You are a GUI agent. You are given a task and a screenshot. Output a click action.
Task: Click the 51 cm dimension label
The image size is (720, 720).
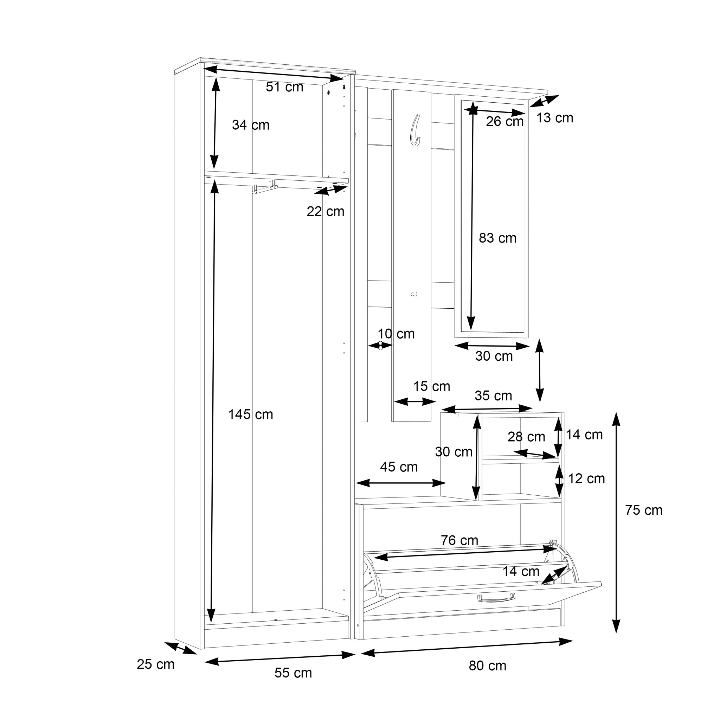pos(284,87)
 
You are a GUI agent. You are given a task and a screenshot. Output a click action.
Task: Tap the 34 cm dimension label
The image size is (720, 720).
pos(250,125)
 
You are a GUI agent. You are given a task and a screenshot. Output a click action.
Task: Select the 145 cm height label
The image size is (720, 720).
pos(250,414)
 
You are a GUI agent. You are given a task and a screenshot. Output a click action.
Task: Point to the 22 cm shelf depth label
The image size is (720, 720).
pos(325,212)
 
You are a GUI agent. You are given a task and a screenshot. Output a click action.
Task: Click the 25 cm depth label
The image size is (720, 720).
pos(155,664)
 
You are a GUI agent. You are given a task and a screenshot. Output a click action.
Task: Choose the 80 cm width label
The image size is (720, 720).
pos(488,666)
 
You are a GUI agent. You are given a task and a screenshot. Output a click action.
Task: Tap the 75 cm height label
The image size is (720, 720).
pos(644,510)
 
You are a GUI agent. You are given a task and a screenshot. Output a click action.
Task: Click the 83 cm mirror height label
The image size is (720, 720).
pos(497,238)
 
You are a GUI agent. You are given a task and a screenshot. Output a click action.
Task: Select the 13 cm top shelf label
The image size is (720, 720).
pos(554,118)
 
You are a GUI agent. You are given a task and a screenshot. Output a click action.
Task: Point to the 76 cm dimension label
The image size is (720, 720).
pos(459,540)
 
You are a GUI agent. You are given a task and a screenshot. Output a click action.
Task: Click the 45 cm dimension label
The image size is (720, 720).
pos(399,467)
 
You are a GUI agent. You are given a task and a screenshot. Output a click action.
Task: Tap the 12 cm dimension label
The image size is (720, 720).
pos(586,478)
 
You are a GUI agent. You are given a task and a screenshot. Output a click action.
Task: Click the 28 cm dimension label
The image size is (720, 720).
pos(526,437)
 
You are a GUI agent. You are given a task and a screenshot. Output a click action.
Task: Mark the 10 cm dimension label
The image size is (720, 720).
pos(396,334)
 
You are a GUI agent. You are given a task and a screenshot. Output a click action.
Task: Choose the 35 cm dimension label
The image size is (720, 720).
pos(493,396)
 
